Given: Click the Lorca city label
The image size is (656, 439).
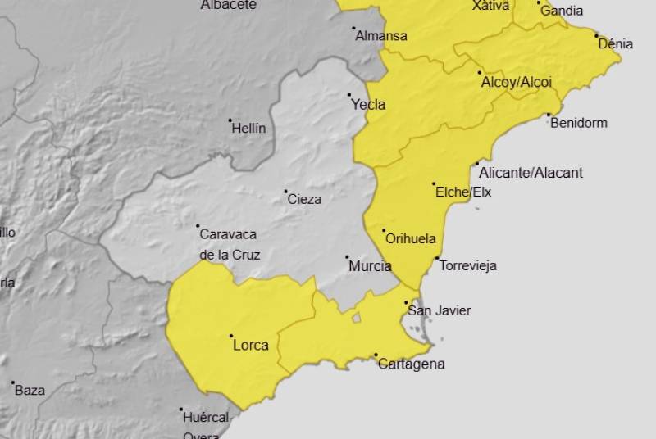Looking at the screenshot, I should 251,346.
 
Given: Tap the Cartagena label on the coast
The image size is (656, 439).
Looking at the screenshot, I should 412,364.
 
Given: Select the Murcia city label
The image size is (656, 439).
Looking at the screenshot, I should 370,266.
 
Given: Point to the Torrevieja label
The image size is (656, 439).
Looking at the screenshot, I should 468,266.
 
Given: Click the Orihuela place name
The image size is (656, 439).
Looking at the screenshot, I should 410,240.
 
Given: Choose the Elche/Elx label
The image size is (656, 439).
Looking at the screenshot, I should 463,192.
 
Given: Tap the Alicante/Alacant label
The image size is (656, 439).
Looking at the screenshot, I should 531,173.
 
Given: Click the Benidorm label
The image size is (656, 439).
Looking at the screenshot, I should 579,124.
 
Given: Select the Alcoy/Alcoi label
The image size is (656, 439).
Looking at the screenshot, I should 517,83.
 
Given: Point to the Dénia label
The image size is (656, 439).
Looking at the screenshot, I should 616,44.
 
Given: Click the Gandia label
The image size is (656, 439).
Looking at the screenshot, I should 562,11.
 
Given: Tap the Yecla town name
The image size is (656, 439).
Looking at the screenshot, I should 368,105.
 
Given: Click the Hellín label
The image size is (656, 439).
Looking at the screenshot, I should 248,129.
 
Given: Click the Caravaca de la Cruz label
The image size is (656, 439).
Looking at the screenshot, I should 230,244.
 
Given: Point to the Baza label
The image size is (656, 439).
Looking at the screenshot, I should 30,391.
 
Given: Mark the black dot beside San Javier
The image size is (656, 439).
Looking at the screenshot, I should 406,303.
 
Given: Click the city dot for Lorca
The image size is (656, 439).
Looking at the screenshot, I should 231,336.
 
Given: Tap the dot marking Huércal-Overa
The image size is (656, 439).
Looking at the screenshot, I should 181,410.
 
